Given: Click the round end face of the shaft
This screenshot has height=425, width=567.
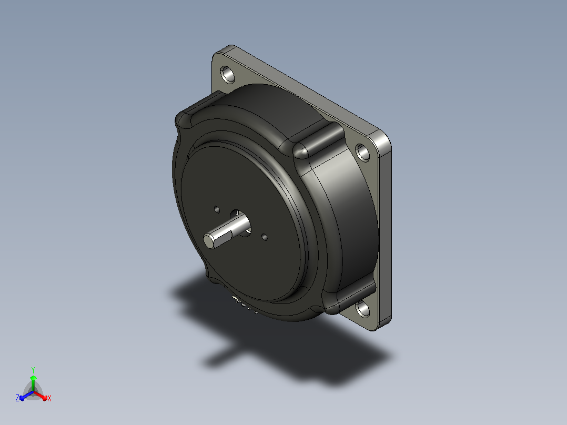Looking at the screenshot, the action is (x=208, y=241).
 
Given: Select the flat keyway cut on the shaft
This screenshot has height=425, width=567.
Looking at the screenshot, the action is (x=224, y=237).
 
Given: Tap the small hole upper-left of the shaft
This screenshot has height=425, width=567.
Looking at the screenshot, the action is (x=217, y=209).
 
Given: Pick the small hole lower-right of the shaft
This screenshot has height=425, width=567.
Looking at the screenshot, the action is (x=265, y=237).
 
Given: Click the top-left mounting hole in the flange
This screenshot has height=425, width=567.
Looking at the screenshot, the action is (x=227, y=74).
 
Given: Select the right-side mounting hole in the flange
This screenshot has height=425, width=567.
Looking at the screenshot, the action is (x=363, y=153).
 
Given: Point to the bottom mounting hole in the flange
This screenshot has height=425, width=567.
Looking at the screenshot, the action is (x=363, y=309).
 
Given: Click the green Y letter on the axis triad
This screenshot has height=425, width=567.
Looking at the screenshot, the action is (x=33, y=370).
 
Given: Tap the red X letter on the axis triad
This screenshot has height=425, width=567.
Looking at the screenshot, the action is (x=49, y=398).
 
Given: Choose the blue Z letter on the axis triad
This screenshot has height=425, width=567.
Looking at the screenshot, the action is (x=17, y=398).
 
